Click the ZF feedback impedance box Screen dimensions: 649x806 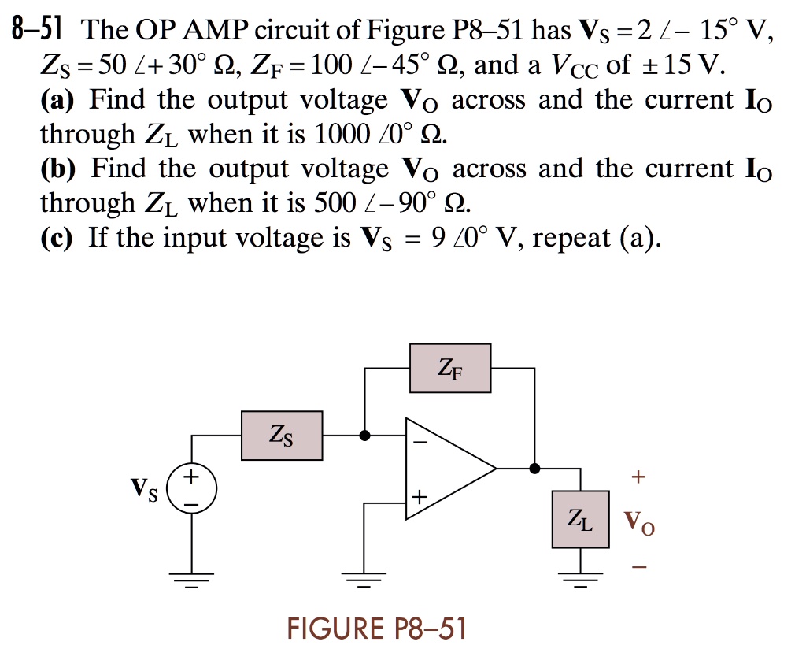[x=450, y=368]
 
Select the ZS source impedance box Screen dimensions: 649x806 [x=282, y=435]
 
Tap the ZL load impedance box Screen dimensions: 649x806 [x=581, y=519]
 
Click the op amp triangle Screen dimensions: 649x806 [x=447, y=469]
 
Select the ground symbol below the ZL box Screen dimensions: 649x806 [x=581, y=580]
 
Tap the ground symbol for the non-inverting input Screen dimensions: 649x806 [x=364, y=580]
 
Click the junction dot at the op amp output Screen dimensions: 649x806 [x=535, y=469]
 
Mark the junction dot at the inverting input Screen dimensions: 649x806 [x=364, y=435]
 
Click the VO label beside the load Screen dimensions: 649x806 [x=638, y=522]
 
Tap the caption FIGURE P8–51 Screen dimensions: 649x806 [x=377, y=629]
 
